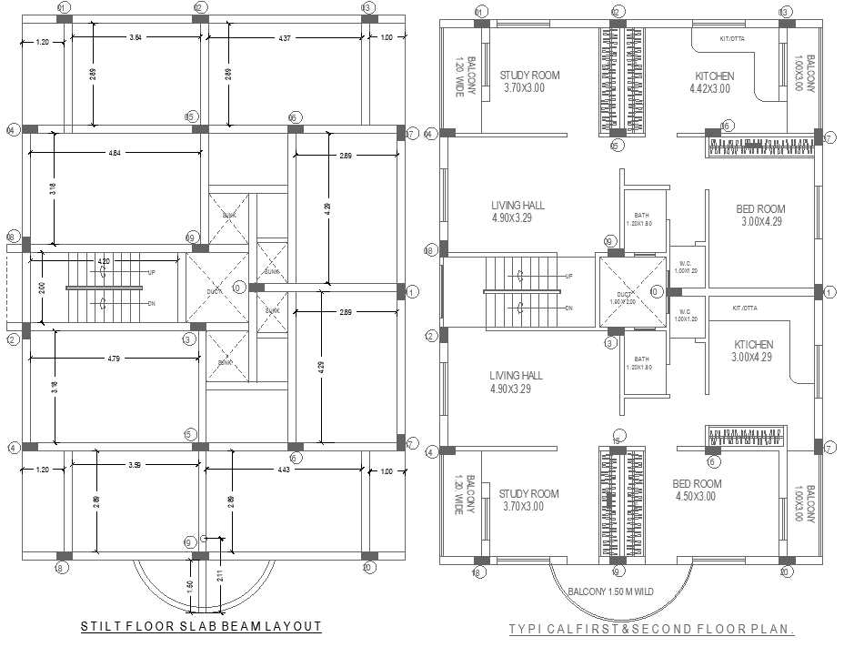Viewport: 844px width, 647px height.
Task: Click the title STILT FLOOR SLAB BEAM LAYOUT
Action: (x=201, y=626)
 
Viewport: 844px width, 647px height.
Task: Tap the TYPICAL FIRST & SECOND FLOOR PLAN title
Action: (x=651, y=629)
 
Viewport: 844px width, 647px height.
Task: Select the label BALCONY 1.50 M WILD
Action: (x=610, y=592)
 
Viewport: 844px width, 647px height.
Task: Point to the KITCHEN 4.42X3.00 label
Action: (x=714, y=83)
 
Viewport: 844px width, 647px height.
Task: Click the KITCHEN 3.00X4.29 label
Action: (x=754, y=351)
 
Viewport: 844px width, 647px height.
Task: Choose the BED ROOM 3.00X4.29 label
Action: (x=760, y=215)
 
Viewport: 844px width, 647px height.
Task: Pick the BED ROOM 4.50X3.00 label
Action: (x=697, y=490)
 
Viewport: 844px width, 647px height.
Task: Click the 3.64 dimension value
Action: (x=136, y=37)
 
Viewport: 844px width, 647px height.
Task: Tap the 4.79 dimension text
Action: (x=114, y=359)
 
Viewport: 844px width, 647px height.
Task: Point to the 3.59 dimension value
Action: (x=135, y=468)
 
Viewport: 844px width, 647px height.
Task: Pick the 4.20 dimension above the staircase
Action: (x=104, y=262)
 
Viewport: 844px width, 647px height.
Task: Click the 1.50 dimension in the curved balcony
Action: (x=190, y=584)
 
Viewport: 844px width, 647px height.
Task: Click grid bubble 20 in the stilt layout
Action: (x=368, y=569)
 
